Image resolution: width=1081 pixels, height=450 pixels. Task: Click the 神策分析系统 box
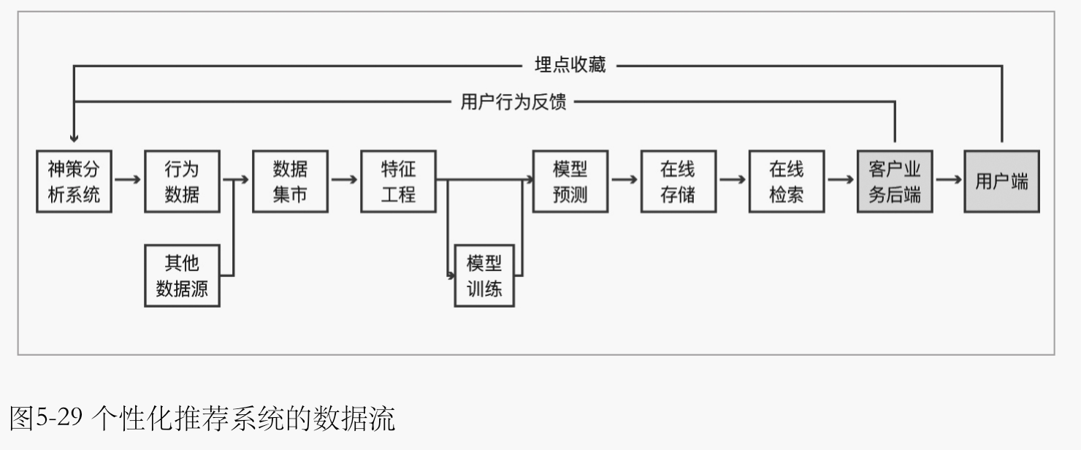coord(74,182)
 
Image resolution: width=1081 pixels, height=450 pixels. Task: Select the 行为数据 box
coord(182,182)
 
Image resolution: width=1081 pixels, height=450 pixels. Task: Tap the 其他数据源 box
coord(182,275)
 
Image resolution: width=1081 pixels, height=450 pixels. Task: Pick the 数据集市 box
coord(290,182)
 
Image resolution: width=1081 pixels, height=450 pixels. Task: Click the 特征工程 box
coord(398,182)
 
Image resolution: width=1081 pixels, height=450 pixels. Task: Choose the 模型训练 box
coord(484,275)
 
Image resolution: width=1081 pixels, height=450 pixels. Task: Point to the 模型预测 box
coord(570,182)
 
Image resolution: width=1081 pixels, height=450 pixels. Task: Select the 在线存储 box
coord(678,182)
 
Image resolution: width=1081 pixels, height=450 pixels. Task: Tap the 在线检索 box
coord(786,182)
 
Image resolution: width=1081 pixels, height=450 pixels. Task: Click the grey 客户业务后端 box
coord(895,182)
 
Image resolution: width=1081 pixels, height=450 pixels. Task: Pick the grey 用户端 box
coord(1001,182)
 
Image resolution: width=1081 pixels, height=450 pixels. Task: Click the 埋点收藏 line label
coord(570,65)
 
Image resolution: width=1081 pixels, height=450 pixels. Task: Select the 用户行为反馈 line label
coord(513,102)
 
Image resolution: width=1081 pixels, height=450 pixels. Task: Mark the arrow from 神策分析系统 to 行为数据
coord(128,178)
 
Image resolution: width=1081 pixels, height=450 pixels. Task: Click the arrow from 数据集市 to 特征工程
coord(344,178)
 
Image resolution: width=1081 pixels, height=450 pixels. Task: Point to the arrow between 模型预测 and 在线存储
coord(624,178)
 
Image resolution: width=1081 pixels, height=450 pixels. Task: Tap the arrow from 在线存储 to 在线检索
coord(732,178)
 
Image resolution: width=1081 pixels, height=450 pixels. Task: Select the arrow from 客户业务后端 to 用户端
coord(948,178)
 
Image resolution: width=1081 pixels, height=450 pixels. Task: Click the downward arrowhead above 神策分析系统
coord(74,137)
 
